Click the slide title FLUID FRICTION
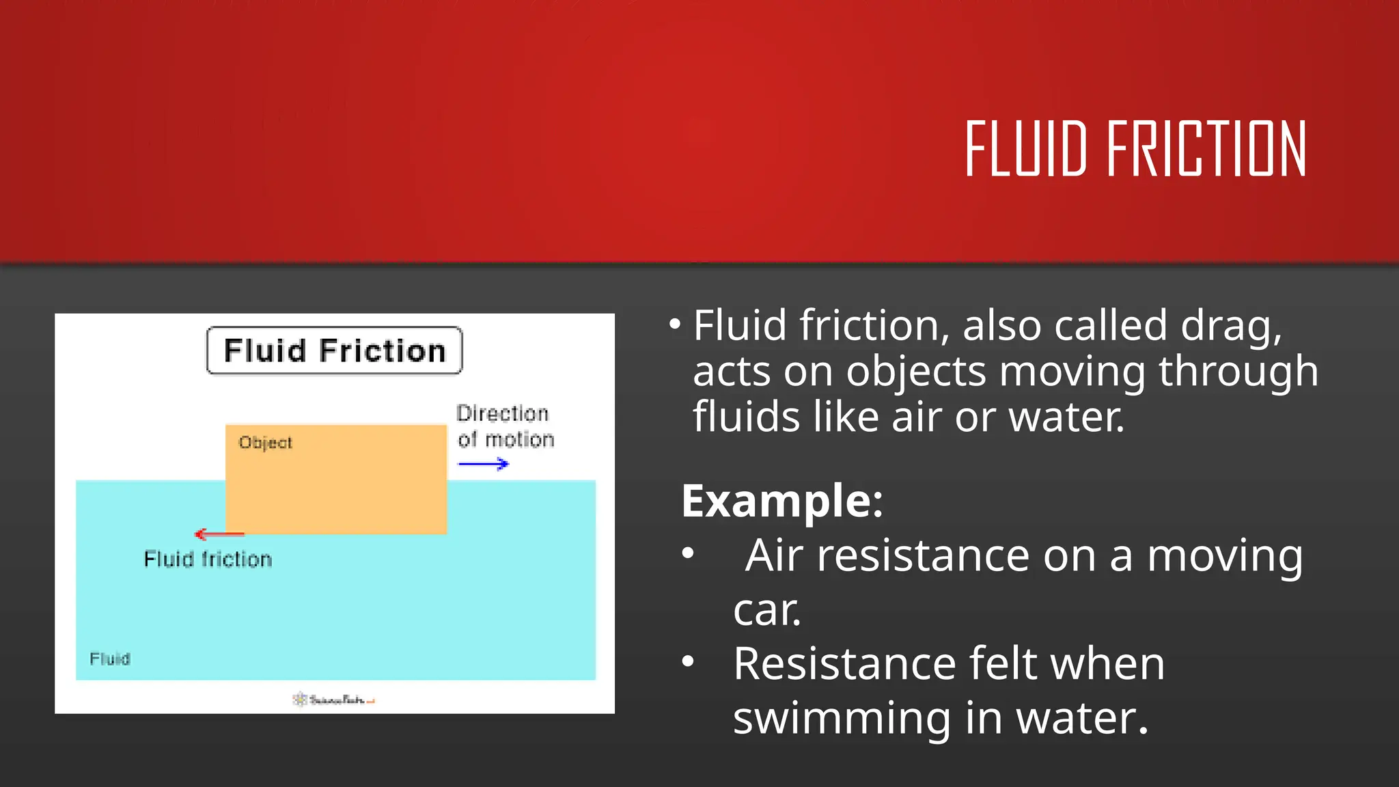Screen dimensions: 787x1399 pos(1135,149)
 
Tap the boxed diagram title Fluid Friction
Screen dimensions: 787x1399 pos(334,350)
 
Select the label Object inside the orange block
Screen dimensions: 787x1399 pos(265,443)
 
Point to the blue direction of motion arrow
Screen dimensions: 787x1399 pos(484,465)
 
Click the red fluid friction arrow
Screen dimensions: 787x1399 pos(219,534)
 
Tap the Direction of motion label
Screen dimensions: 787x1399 pos(505,426)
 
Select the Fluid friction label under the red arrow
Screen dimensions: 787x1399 pos(208,560)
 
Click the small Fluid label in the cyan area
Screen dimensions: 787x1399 pos(109,659)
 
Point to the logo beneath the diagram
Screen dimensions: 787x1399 pos(334,700)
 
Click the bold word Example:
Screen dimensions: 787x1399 pos(782,501)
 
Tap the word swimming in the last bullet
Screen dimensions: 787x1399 pos(842,719)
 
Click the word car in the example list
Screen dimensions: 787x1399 pos(766,609)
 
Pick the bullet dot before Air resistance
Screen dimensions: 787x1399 pos(688,553)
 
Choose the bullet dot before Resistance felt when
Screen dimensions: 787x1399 pos(688,661)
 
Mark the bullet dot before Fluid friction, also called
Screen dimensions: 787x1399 pos(675,324)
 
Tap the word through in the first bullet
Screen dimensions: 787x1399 pos(1238,372)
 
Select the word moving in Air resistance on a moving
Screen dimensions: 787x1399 pos(1225,555)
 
